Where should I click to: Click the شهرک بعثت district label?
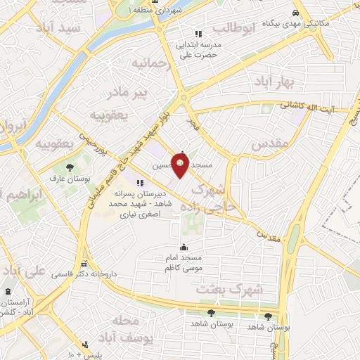(238, 289)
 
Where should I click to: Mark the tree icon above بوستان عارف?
(69, 168)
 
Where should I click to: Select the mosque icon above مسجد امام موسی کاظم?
(184, 247)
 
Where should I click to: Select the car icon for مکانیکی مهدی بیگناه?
(298, 13)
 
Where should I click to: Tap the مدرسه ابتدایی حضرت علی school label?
(200, 49)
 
